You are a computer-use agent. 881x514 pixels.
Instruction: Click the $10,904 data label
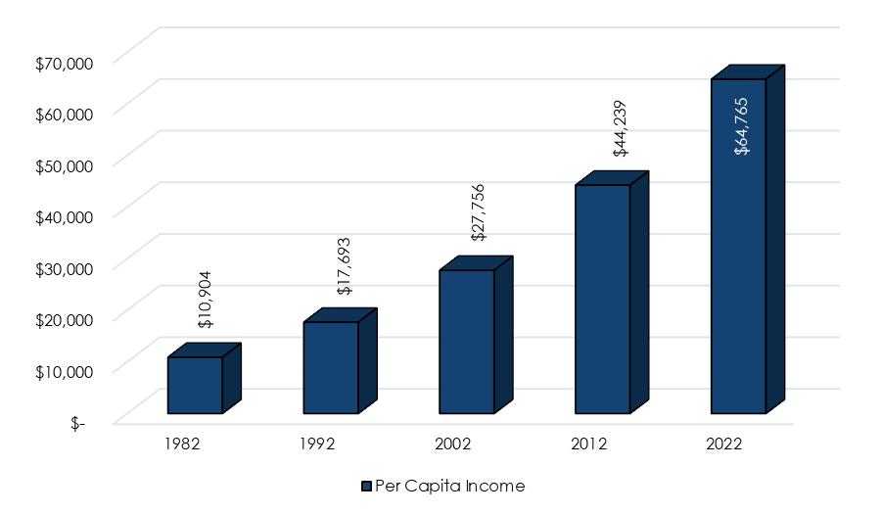[x=206, y=300]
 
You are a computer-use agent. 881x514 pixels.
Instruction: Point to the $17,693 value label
[x=344, y=266]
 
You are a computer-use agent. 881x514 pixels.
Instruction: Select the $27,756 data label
[x=478, y=212]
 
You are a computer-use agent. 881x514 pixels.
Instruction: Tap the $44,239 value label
[x=620, y=128]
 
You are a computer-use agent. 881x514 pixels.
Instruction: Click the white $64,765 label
[x=742, y=126]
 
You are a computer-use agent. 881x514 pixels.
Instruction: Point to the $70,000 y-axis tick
[x=64, y=64]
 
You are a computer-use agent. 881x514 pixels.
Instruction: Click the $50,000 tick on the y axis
[x=64, y=166]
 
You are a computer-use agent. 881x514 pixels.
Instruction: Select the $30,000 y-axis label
[x=64, y=269]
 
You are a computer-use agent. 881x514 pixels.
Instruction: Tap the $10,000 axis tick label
[x=64, y=372]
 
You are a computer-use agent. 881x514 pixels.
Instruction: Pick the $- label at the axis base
[x=78, y=424]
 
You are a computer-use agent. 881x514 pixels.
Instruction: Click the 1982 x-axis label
[x=182, y=444]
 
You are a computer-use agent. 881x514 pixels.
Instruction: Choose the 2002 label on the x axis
[x=453, y=444]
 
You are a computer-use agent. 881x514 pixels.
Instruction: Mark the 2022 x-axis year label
[x=724, y=444]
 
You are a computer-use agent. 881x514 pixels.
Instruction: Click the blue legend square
[x=366, y=487]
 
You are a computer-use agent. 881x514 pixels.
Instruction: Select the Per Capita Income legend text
[x=450, y=486]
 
